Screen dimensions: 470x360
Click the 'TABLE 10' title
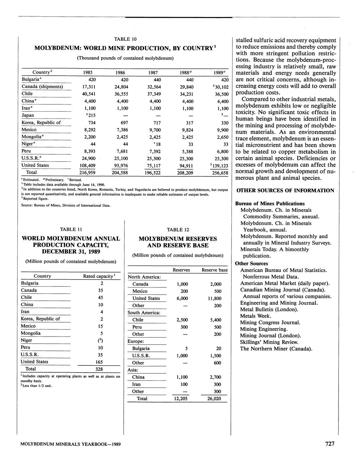click(125, 39)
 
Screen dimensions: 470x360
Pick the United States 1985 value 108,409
click(87, 166)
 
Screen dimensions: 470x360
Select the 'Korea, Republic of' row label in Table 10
click(41, 123)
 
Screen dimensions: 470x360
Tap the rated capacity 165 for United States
click(99, 362)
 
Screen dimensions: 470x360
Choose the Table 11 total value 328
click(99, 369)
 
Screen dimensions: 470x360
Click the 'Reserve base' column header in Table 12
click(214, 270)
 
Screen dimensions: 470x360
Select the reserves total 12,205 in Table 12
click(181, 399)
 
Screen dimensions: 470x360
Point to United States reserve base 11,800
click(214, 298)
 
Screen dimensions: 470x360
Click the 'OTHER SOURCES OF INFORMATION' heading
click(285, 190)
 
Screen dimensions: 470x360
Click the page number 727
click(330, 444)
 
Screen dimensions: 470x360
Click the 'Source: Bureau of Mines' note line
click(66, 205)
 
